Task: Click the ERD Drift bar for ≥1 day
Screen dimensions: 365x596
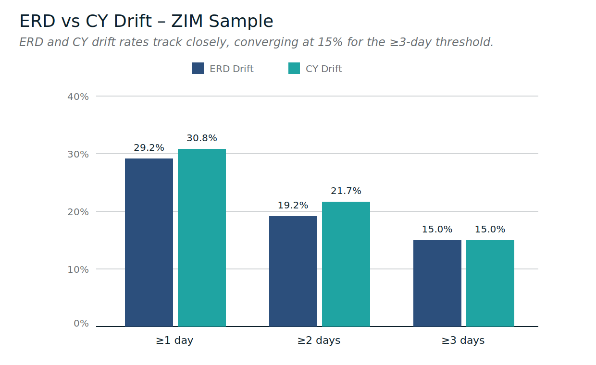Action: coord(149,243)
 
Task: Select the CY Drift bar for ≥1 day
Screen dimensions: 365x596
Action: coord(202,238)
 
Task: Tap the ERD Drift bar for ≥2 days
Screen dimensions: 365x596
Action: coord(293,271)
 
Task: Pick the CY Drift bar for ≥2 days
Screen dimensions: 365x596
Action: coord(346,264)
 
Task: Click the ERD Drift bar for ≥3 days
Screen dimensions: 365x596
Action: coord(437,283)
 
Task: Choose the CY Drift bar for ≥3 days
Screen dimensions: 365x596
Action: coord(490,283)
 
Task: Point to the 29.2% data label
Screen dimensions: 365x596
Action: coord(149,148)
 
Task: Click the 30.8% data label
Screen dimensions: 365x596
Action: coord(202,138)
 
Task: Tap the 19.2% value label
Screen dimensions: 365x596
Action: coord(293,206)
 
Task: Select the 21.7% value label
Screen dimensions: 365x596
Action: coord(346,191)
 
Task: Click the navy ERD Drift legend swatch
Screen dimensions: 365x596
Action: coord(198,68)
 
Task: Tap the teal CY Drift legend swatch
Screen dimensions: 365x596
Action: coord(294,68)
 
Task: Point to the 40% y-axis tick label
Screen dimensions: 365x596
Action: coord(78,97)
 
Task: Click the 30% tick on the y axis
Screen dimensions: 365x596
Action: coord(78,154)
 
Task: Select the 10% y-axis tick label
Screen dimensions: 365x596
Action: coord(78,269)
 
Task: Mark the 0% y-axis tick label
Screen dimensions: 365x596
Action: coord(81,324)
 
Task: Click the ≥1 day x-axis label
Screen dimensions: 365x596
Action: coord(174,341)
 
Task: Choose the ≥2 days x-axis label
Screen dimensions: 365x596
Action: coord(319,341)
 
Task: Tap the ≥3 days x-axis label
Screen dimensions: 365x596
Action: coord(463,341)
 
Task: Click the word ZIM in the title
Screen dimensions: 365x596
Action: coord(188,22)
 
